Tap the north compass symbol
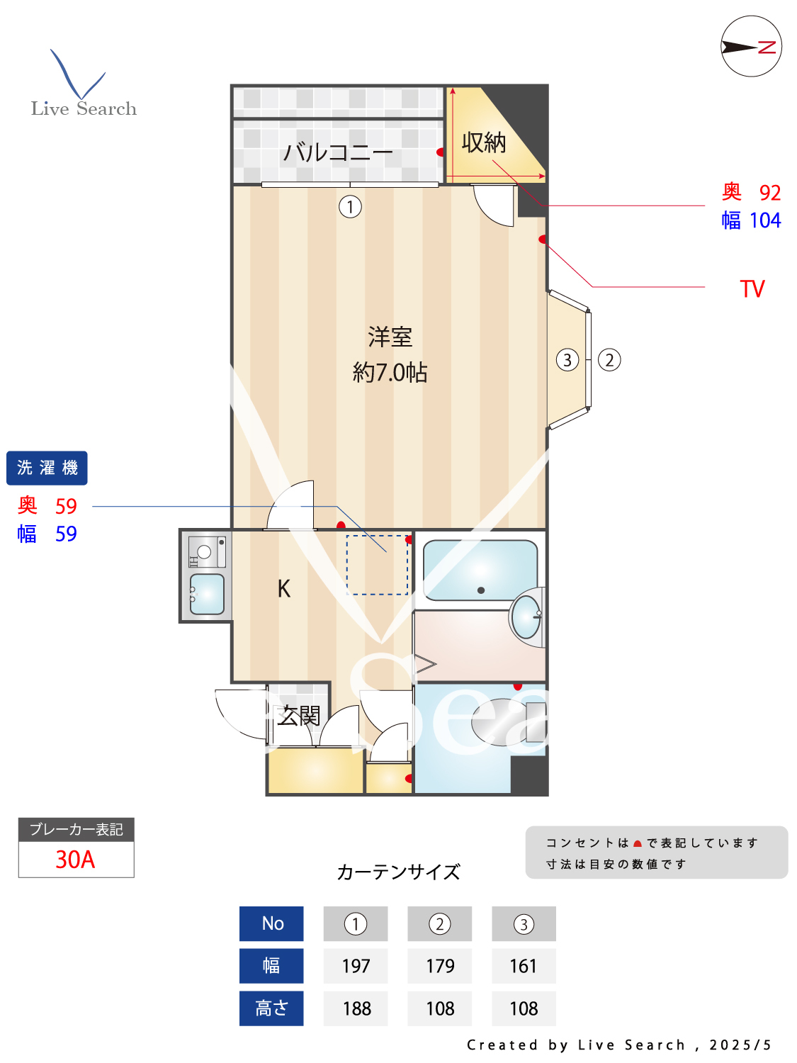coord(751,47)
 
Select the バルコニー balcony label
coord(337,152)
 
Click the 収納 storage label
coord(484,143)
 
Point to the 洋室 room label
coord(390,337)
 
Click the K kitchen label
coord(283,589)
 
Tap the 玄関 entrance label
coord(298,716)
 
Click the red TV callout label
coord(752,289)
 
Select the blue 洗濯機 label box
coord(47,468)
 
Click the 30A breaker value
coord(75,860)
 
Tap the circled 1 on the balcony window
coord(350,207)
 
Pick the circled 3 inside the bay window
coord(567,360)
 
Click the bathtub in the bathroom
coord(480,570)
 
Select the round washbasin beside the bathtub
coord(526,617)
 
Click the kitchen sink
coord(207,594)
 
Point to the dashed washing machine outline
coord(377,565)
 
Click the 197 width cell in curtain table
coord(356,966)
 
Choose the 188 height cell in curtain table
coord(356,1008)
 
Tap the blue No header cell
coord(271,923)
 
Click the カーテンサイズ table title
coord(398,872)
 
